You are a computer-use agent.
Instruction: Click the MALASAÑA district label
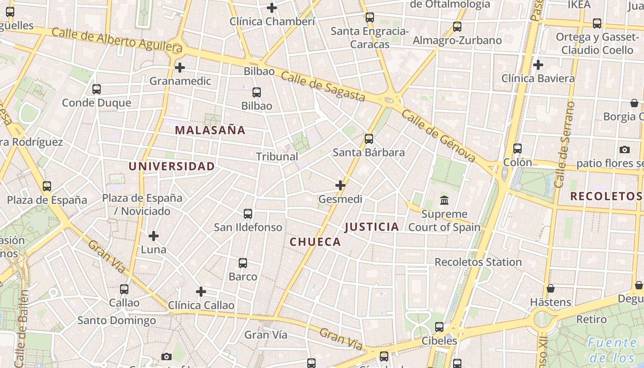(210, 130)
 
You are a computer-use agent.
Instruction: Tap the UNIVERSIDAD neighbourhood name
(172, 167)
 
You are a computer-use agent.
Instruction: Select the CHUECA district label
(316, 242)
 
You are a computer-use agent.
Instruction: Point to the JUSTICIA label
(372, 227)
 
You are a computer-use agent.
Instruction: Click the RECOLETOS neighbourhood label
(606, 196)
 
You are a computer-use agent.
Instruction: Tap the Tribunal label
(277, 157)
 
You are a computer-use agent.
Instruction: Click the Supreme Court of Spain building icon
(444, 201)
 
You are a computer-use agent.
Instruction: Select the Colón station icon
(517, 149)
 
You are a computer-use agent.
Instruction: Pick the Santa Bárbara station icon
(369, 138)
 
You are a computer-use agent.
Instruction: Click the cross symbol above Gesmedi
(340, 185)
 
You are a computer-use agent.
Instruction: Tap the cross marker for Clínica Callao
(201, 292)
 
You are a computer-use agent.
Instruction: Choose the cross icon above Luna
(154, 236)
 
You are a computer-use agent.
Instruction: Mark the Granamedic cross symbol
(180, 68)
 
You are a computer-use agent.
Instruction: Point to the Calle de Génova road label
(438, 136)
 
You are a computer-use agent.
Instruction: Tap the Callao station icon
(124, 289)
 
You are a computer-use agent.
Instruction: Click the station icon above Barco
(243, 263)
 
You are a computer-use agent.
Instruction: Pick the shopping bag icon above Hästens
(551, 288)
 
